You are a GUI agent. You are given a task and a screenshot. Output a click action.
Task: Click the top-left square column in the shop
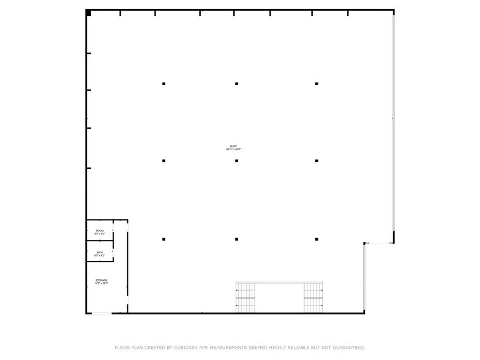tap(163, 83)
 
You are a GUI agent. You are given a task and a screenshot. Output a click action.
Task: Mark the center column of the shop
tap(236, 161)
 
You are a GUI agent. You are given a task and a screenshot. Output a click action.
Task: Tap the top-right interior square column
tap(317, 83)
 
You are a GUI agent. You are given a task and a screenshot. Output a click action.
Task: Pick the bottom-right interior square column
tap(317, 239)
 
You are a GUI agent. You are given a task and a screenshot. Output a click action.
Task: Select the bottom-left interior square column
tap(163, 239)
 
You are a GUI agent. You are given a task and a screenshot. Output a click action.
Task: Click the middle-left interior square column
tap(163, 161)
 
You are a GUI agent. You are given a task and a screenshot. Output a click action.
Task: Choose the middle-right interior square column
tap(317, 161)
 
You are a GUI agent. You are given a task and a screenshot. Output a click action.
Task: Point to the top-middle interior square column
tap(236, 83)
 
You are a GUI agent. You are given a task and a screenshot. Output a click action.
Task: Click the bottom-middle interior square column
tap(236, 239)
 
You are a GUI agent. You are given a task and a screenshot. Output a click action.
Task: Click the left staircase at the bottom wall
tap(246, 298)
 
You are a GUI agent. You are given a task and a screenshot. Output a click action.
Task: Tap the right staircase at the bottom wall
tap(313, 298)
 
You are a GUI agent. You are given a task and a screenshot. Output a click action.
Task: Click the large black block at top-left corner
tap(88, 13)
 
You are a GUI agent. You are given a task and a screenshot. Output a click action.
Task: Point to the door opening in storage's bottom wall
tap(102, 313)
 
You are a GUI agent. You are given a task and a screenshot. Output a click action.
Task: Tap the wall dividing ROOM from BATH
tap(99, 241)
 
